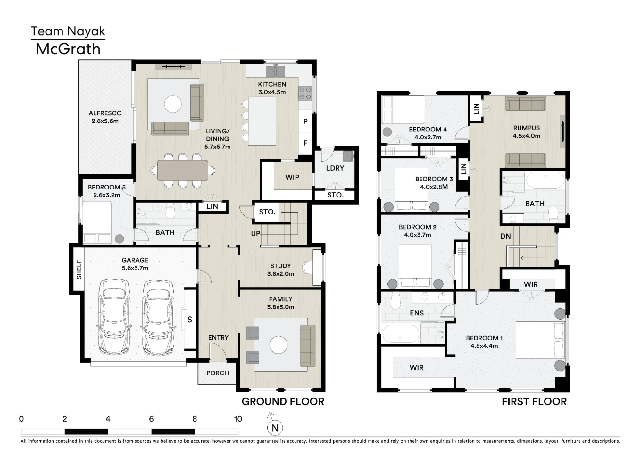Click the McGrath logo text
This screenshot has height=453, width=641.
(x=68, y=49)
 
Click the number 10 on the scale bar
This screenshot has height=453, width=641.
(x=238, y=419)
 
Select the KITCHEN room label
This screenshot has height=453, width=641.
(x=272, y=84)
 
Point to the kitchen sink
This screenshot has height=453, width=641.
(x=275, y=71)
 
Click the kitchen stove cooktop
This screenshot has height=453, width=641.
(x=305, y=93)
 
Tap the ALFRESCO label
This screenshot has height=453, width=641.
(x=105, y=113)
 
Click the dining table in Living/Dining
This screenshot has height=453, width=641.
(x=183, y=170)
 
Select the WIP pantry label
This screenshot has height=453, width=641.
(x=292, y=177)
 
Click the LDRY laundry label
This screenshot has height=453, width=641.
(x=335, y=168)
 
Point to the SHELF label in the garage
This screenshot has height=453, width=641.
(x=79, y=270)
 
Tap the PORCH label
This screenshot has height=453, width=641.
(x=218, y=373)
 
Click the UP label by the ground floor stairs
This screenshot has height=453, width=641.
(x=255, y=234)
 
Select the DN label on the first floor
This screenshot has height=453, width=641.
(x=505, y=236)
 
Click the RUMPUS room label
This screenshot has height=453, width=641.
(x=527, y=128)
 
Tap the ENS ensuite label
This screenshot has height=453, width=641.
(x=417, y=313)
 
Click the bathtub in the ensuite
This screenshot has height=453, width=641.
(x=400, y=334)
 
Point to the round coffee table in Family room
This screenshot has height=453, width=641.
(x=279, y=345)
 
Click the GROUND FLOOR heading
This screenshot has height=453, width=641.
(x=283, y=401)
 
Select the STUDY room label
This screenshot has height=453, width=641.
(x=280, y=266)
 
